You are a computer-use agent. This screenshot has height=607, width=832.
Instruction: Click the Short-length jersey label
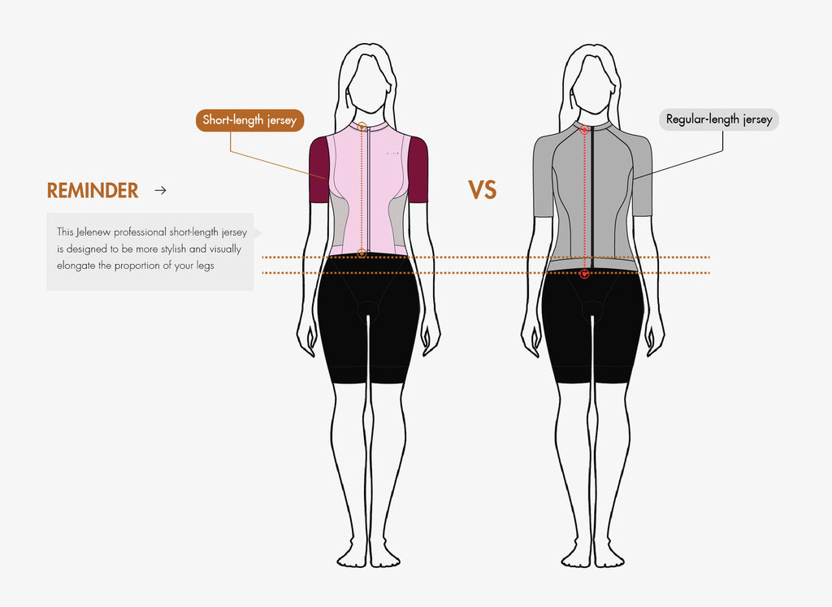coord(250,120)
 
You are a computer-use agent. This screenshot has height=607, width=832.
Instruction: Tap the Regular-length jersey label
coord(719,119)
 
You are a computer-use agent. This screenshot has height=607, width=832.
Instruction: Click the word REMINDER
coord(93,190)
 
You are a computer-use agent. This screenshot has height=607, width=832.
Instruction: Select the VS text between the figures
coord(483,190)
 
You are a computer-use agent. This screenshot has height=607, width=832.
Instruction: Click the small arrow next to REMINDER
coord(160,190)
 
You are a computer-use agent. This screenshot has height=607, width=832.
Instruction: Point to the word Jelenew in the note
coord(93,232)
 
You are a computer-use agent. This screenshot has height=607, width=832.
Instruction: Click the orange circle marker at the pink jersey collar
coord(362,126)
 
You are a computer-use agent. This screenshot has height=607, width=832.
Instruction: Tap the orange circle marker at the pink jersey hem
coord(362,254)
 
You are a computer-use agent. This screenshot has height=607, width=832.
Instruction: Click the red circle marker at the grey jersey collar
coord(585,129)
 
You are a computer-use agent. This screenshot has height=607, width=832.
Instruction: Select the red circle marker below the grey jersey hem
coord(585,274)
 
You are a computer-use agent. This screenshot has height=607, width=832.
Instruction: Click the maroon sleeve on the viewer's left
coord(318,170)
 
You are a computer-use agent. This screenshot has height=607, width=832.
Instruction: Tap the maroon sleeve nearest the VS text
coord(418,170)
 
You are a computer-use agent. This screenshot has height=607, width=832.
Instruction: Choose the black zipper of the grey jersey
coord(592,197)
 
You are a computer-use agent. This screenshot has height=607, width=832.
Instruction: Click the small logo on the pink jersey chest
coord(392,154)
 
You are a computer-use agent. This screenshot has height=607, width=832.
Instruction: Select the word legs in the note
coord(205,266)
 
